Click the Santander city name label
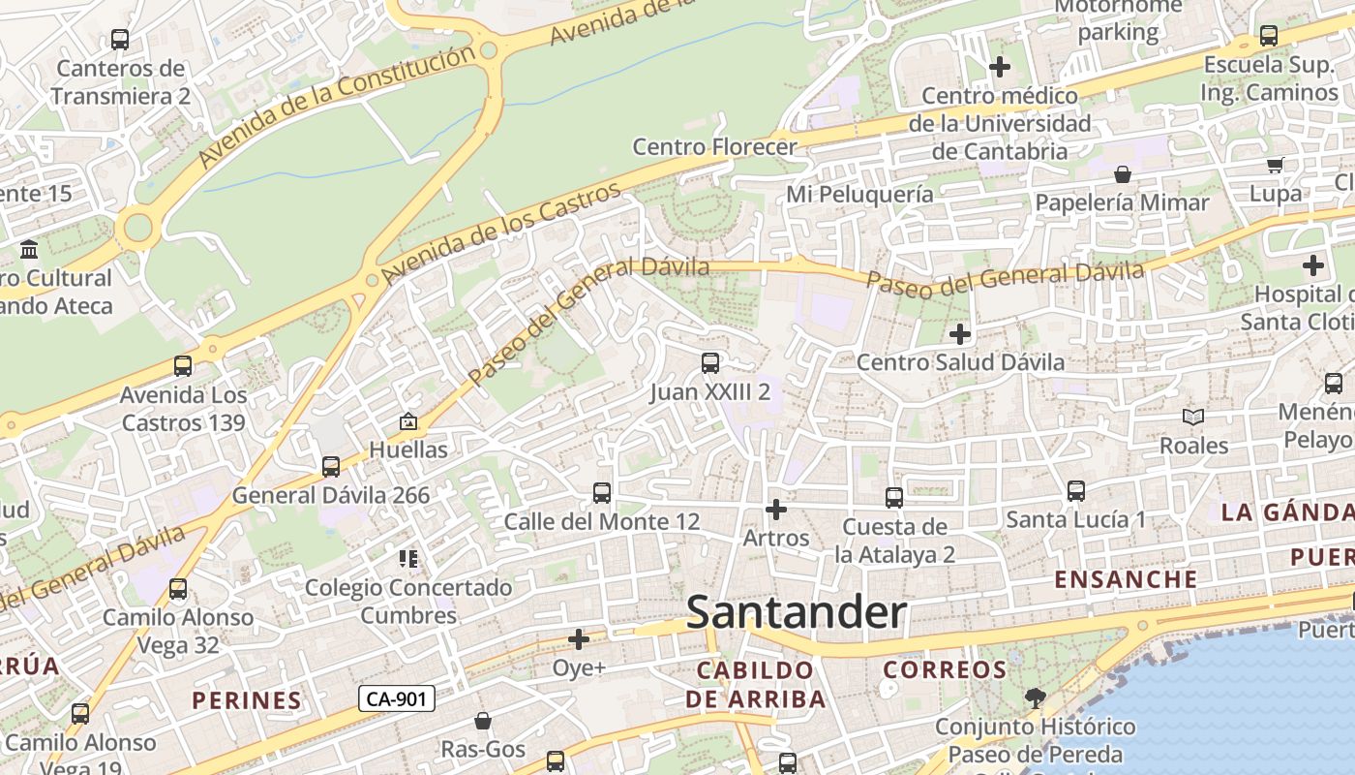[x=796, y=613]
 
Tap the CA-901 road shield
[x=397, y=697]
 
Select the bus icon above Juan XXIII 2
[x=710, y=363]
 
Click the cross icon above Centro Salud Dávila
[x=960, y=334]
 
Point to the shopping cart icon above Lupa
[x=1275, y=165]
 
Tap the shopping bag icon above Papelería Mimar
[x=1123, y=174]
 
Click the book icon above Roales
[x=1193, y=417]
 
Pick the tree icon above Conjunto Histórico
[x=1036, y=697]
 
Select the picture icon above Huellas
[x=408, y=421]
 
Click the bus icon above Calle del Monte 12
[x=602, y=493]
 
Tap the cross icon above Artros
[x=775, y=509]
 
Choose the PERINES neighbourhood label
[x=247, y=700]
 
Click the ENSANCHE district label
[x=1126, y=579]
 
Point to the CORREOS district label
[x=945, y=669]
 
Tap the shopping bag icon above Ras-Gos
[x=483, y=721]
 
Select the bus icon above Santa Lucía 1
[x=1076, y=491]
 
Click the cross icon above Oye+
[x=579, y=639]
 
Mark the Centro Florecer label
[x=714, y=147]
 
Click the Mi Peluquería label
[x=859, y=194]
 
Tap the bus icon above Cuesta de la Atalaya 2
[x=894, y=498]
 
